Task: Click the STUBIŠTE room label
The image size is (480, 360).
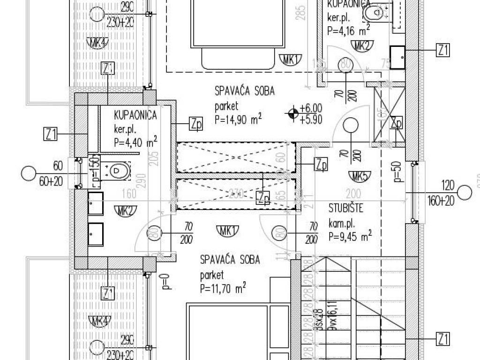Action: pos(346,208)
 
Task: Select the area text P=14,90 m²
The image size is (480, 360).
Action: pos(238,120)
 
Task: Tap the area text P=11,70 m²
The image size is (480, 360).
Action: pos(223,288)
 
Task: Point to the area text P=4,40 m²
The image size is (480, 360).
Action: pos(135,141)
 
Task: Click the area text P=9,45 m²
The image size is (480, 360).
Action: pos(350,236)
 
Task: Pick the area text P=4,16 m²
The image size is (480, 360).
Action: pos(348,32)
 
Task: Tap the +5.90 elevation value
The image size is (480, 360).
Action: pos(311,120)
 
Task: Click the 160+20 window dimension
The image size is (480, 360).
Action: pos(441,202)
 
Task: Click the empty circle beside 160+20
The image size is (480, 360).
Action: pos(465,193)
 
